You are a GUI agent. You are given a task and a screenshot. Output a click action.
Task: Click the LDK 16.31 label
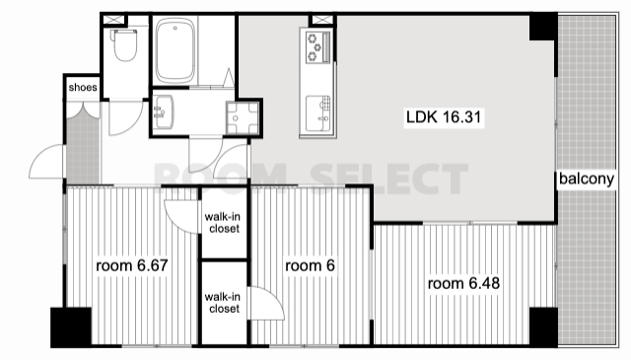coord(444,117)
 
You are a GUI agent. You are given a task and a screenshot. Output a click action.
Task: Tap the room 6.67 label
coord(132,265)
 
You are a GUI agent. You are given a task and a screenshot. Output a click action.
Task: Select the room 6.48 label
coord(463,283)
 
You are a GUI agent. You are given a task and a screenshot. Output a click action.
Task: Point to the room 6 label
coord(310,265)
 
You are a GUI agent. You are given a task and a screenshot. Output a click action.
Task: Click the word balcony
coord(587,179)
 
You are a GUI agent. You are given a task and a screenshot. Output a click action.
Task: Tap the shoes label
coord(83,88)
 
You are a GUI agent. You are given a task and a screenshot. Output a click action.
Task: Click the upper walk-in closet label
coord(224,223)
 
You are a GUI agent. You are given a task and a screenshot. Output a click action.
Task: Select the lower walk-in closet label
coord(224,303)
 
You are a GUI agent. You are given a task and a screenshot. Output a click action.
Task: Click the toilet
coord(124,44)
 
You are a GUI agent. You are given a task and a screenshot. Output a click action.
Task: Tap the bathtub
coord(175,50)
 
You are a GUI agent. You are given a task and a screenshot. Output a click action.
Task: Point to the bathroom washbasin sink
coord(164,111)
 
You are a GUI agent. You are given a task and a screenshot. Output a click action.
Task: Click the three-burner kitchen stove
coord(317,47)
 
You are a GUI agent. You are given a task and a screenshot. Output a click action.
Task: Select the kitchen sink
coord(317,113)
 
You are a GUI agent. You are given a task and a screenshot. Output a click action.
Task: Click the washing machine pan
coord(243,118)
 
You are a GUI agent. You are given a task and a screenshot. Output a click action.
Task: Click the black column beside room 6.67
coord(71,327)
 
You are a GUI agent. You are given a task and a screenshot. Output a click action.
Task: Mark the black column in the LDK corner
coord(543,27)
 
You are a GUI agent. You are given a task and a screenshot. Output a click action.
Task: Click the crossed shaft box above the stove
coord(322,20)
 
